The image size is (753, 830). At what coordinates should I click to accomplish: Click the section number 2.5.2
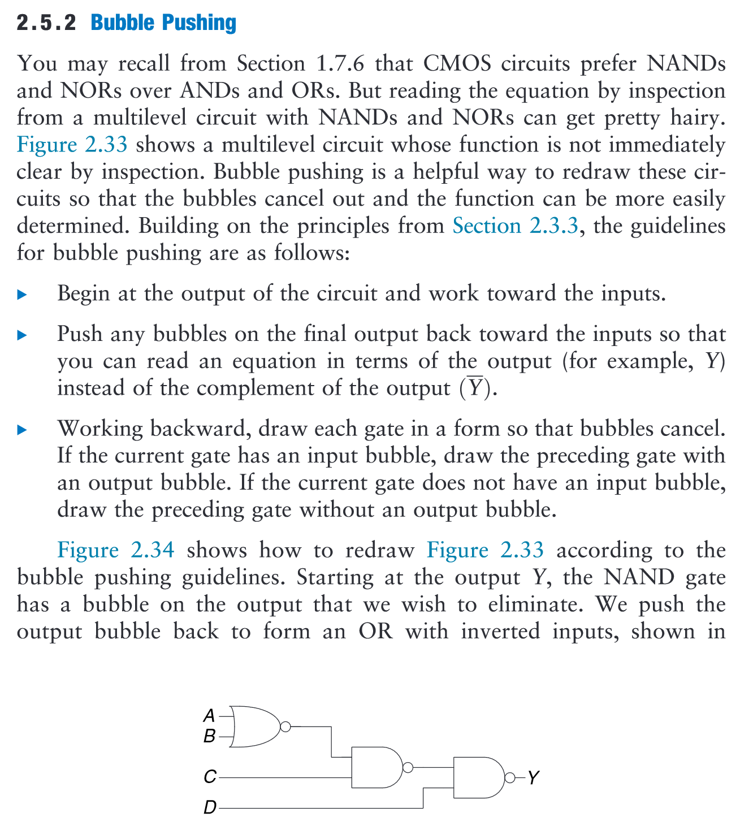[46, 23]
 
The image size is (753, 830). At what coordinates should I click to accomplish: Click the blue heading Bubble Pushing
[163, 23]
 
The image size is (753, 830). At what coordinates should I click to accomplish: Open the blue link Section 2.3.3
[516, 226]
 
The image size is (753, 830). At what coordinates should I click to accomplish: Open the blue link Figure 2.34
[115, 550]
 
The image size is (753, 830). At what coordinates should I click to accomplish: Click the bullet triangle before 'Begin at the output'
[23, 295]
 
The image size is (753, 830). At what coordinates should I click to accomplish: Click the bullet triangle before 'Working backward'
[23, 430]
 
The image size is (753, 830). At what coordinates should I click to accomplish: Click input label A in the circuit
[209, 716]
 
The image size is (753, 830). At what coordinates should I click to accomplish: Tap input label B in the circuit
[209, 736]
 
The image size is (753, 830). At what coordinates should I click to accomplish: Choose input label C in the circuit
[210, 777]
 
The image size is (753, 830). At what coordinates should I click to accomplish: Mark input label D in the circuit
[210, 808]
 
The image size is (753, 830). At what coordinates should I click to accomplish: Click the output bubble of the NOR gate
[285, 727]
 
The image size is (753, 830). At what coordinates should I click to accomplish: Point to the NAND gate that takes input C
[376, 767]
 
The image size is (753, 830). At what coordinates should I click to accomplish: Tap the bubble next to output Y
[509, 778]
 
